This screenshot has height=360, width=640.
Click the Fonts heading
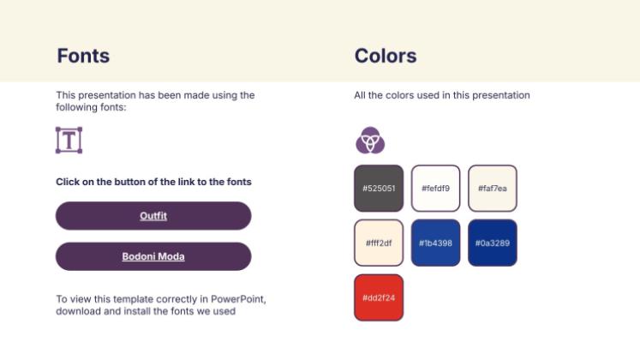pyautogui.click(x=83, y=56)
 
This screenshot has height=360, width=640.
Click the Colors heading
pyautogui.click(x=386, y=56)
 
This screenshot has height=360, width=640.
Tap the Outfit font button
pyautogui.click(x=153, y=215)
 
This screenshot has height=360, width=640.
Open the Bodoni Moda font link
pyautogui.click(x=153, y=256)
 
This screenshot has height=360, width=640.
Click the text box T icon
pyautogui.click(x=69, y=140)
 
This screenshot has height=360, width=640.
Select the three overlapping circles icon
pyautogui.click(x=370, y=140)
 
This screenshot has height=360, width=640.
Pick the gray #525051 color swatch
pyautogui.click(x=379, y=189)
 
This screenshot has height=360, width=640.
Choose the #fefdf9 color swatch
pyautogui.click(x=435, y=189)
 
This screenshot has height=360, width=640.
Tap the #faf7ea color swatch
pyautogui.click(x=493, y=189)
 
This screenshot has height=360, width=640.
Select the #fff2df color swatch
pyautogui.click(x=379, y=243)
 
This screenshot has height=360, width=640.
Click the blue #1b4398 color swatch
pyautogui.click(x=435, y=243)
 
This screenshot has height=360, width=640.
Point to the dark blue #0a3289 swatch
pyautogui.click(x=493, y=243)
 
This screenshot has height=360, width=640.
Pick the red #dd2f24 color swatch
pyautogui.click(x=379, y=297)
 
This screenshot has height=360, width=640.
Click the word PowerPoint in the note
pyautogui.click(x=238, y=299)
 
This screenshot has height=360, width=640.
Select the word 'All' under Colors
pyautogui.click(x=360, y=95)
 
